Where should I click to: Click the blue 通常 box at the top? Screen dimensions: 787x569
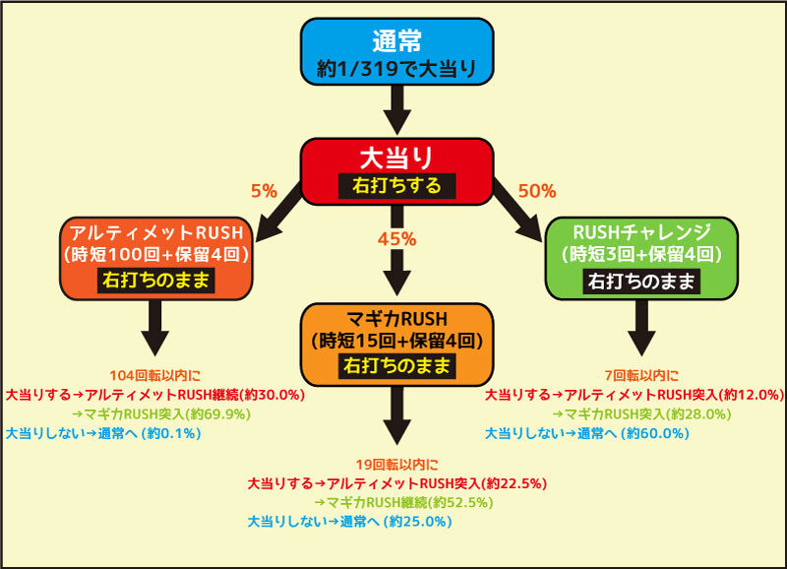tap(397, 52)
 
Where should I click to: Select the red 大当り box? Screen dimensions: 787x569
tap(397, 171)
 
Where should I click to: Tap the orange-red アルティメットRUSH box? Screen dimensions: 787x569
tap(156, 259)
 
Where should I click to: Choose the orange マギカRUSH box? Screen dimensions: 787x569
tap(397, 345)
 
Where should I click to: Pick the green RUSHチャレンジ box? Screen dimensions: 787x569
tap(641, 259)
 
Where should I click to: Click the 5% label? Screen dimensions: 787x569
tap(264, 191)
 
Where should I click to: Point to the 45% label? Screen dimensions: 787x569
tap(397, 239)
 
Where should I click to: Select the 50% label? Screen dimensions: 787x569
tap(537, 191)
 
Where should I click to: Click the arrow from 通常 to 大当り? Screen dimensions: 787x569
tap(397, 110)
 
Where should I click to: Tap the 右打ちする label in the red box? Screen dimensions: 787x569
tap(397, 186)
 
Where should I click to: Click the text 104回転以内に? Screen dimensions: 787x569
tap(155, 375)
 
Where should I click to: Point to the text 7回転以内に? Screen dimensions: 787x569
tap(641, 375)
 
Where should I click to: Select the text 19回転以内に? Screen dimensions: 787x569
tap(397, 464)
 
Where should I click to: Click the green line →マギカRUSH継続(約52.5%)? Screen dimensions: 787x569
tap(404, 502)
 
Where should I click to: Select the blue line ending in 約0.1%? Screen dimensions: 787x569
tap(103, 433)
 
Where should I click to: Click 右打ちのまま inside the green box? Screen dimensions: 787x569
tap(641, 281)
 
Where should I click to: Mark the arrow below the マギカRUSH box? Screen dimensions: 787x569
tap(397, 415)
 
